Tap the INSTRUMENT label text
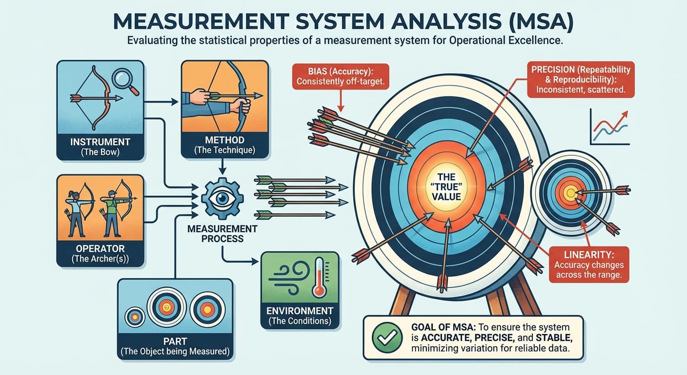100,142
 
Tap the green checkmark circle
384,337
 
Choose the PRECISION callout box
581,79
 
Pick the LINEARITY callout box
588,264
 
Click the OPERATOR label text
100,248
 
